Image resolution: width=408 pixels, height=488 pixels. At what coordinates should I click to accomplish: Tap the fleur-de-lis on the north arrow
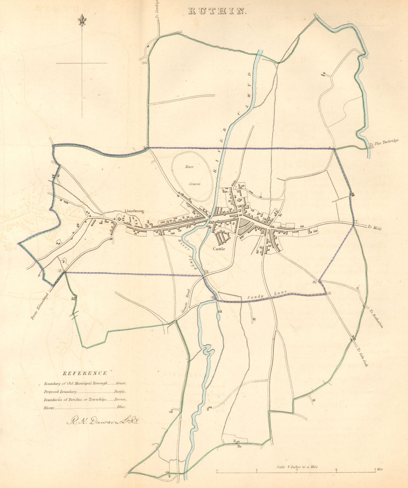tap(82, 21)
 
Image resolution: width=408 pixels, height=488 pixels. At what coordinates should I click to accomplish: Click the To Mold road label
tap(374, 228)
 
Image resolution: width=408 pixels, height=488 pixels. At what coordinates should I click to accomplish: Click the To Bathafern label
tap(376, 319)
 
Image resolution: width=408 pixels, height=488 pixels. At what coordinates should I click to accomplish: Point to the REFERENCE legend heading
tap(85, 373)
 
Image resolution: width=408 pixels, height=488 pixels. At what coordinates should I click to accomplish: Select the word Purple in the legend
tap(120, 391)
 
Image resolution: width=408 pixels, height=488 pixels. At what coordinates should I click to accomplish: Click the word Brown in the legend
tap(120, 399)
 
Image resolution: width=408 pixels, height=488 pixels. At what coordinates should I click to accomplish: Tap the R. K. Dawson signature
tap(103, 421)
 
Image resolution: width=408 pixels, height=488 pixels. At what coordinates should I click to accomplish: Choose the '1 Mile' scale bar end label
tap(379, 470)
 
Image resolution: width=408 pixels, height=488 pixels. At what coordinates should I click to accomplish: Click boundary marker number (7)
tap(356, 222)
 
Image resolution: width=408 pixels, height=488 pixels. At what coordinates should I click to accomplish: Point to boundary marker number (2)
tap(60, 271)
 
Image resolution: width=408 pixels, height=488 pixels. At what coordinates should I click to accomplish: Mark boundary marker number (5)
tap(329, 293)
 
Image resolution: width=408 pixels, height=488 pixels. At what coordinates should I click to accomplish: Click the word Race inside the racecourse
tap(189, 167)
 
